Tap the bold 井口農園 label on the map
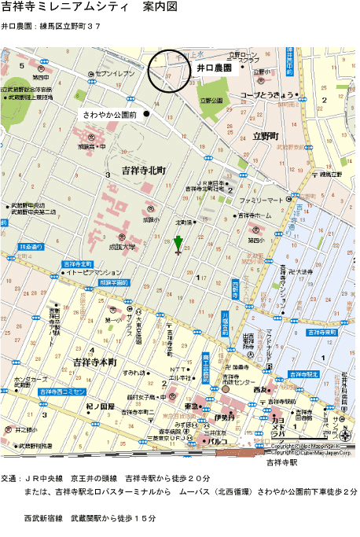214,69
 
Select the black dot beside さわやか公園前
146,114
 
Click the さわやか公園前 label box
110,115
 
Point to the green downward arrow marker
178,245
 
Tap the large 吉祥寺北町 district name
138,171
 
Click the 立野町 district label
266,136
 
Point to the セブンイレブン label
118,74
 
